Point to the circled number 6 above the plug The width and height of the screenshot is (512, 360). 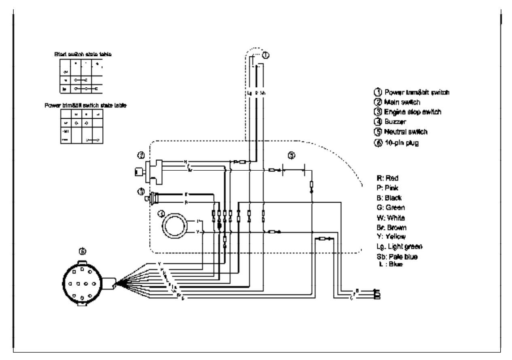[83, 251]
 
